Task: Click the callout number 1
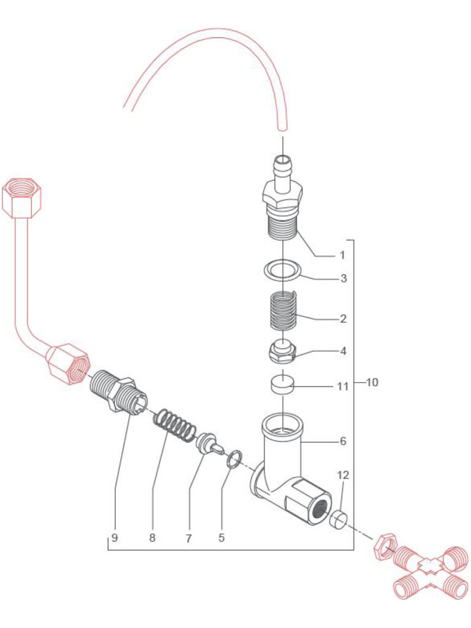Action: [342, 255]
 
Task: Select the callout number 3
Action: [344, 278]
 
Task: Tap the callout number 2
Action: [343, 319]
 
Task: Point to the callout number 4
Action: [343, 352]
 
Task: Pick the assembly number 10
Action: [372, 383]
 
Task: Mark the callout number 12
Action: [342, 475]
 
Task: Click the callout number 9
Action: [115, 538]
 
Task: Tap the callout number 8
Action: [152, 538]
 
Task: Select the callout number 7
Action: [189, 538]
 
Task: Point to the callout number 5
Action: [221, 538]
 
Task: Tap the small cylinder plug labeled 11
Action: [281, 386]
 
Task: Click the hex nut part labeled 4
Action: [281, 353]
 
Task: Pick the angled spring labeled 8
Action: [174, 423]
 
